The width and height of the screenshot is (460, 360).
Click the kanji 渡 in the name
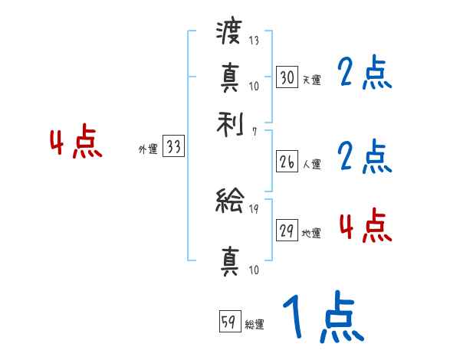point(229,34)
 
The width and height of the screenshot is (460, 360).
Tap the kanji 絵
point(229,201)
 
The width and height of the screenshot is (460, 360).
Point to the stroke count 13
point(255,41)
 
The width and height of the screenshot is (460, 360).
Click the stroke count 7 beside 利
point(255,132)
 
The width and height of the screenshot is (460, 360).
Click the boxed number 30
point(287,77)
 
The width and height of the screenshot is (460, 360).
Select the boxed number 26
point(287,162)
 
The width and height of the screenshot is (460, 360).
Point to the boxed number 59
point(229,322)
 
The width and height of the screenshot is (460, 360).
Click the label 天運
point(311,79)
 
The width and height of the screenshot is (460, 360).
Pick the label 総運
point(255,324)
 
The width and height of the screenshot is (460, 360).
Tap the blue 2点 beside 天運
point(364,74)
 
